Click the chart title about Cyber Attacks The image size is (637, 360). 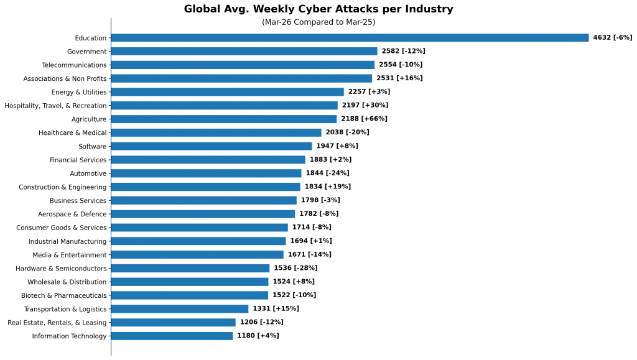pos(318,9)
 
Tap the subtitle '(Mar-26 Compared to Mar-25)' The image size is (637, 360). pos(318,22)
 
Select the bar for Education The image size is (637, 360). pos(350,38)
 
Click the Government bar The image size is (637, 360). pos(244,52)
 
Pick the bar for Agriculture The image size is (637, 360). pos(224,119)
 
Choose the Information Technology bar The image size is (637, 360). pos(172,336)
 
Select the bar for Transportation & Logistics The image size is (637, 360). pos(180,309)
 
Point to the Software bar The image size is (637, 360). pos(212,146)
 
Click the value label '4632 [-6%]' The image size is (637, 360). pos(612,38)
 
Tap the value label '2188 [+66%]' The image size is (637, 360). pos(364,119)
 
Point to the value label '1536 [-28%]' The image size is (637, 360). pos(295,269)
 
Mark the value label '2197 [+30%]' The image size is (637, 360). pos(365,106)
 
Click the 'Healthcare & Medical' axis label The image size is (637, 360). pos(72,133)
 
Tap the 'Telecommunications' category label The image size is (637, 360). pos(74,65)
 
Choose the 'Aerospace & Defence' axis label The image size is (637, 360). pos(72,214)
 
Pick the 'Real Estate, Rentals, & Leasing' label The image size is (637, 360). pos(57,323)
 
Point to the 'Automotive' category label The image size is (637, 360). pos(88,173)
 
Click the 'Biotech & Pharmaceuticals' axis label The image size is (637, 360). pos(63,295)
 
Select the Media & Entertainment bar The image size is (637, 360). pos(197,255)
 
